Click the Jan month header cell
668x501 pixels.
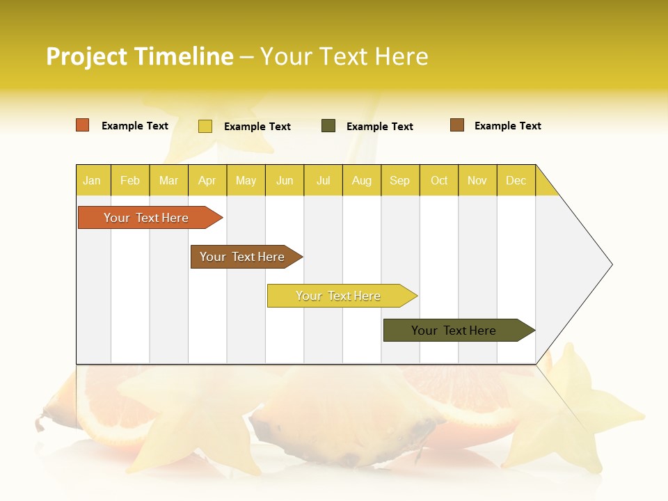(93, 180)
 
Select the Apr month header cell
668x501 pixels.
(207, 180)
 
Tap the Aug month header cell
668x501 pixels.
(362, 180)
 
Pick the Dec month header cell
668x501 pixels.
(516, 180)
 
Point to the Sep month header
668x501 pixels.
(400, 180)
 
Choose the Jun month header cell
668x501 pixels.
(285, 180)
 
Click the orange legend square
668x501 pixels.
(83, 125)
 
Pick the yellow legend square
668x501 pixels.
(205, 126)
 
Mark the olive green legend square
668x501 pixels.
(328, 126)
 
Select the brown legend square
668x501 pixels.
(457, 125)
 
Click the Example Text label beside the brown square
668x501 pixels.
(507, 126)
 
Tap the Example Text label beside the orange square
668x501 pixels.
(135, 126)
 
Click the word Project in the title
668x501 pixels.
(86, 56)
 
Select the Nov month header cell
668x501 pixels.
(477, 180)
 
